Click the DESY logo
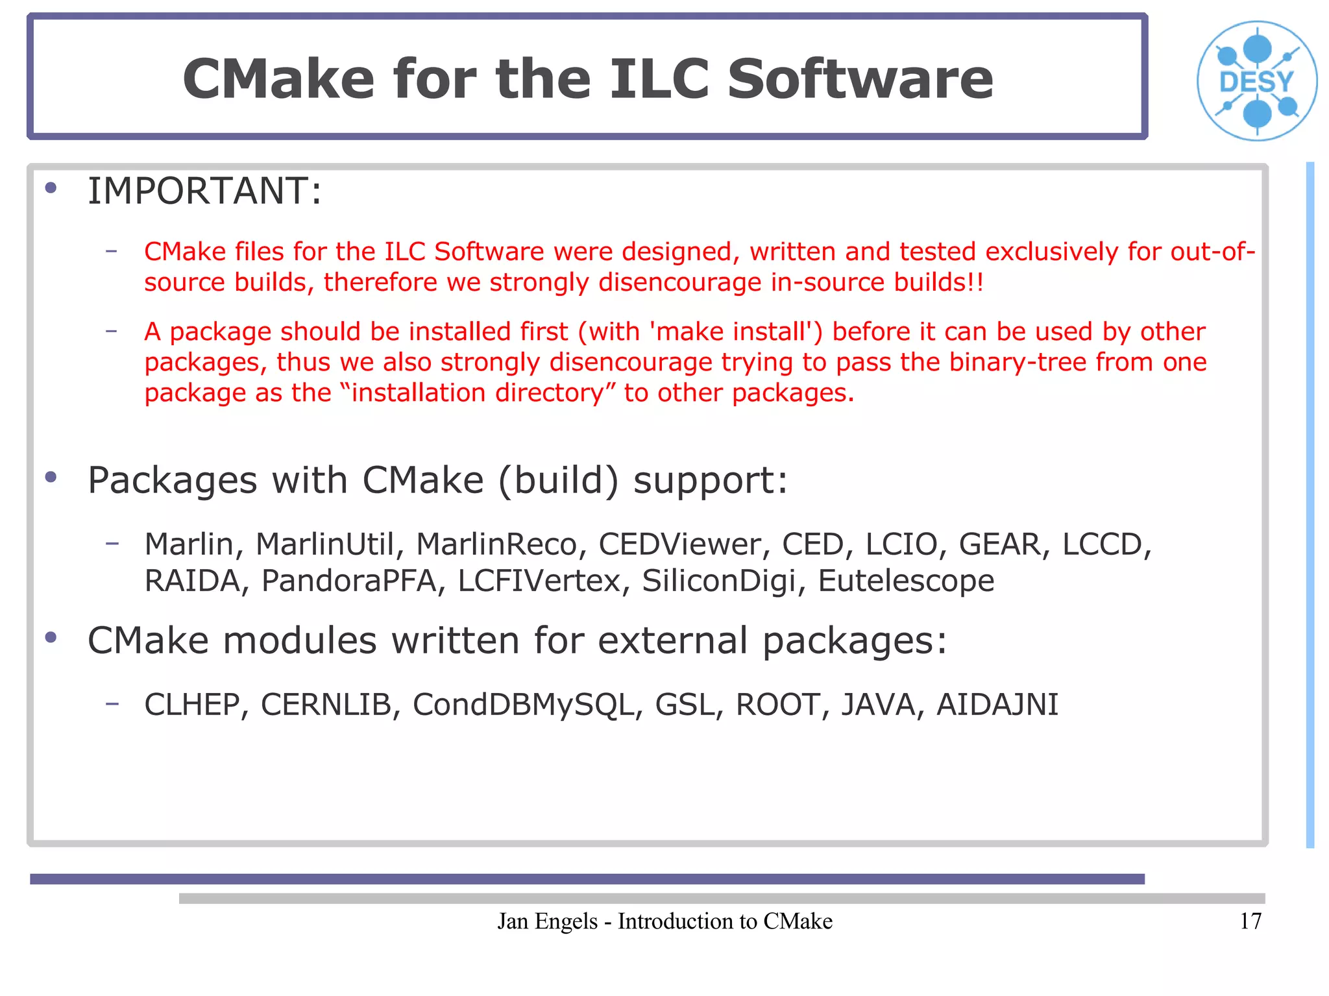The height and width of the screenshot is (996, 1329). coord(1257,81)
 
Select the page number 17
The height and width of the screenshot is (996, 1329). coord(1250,921)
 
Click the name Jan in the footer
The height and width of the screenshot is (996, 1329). coord(513,921)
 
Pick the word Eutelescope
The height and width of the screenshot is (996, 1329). coord(906,581)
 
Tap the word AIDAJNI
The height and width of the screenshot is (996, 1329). coord(997,705)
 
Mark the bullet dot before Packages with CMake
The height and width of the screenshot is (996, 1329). coord(51,478)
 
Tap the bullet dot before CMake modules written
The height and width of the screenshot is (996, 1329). coord(51,638)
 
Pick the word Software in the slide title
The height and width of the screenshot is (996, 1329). coord(860,79)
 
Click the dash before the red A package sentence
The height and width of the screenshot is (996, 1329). coord(112,331)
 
